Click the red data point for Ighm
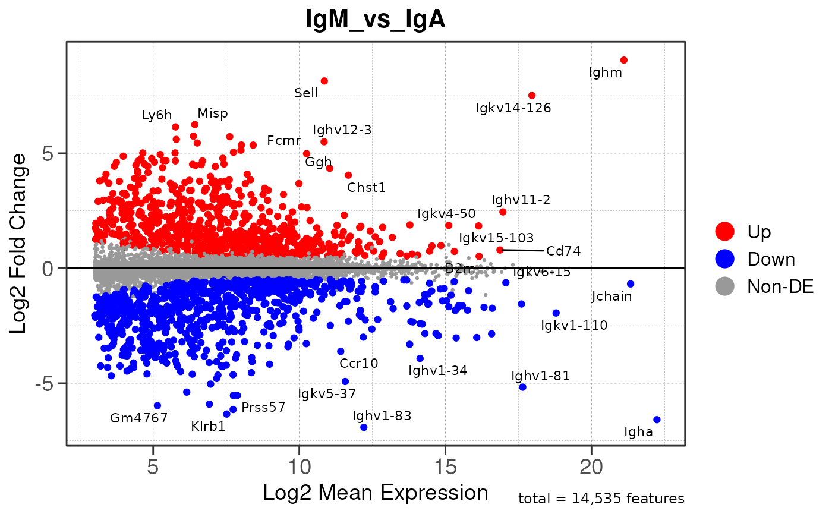point(623,60)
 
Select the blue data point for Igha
point(657,420)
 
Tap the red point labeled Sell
point(324,81)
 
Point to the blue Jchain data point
point(631,284)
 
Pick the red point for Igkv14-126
point(532,96)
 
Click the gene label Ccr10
point(359,363)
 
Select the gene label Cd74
point(563,251)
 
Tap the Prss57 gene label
point(263,408)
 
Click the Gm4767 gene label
point(139,418)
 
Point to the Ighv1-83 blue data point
point(364,427)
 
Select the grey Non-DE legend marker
point(726,286)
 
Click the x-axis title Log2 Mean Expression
point(376,493)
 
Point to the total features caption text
point(601,499)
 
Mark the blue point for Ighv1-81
point(522,387)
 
